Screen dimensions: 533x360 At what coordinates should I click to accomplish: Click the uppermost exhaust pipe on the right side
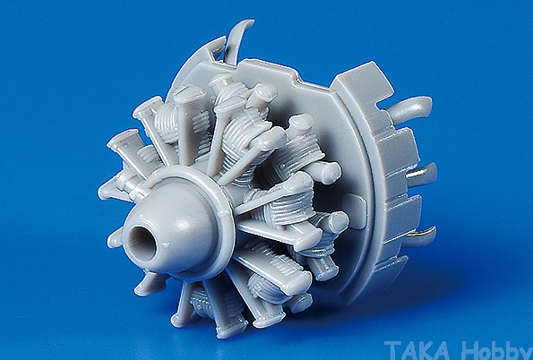tap(410, 108)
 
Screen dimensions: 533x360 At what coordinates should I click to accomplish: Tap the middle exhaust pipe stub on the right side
tap(422, 175)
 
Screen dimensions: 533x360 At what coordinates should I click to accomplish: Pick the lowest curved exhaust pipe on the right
tap(419, 236)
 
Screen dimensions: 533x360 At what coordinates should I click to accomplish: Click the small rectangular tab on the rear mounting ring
tap(355, 210)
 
